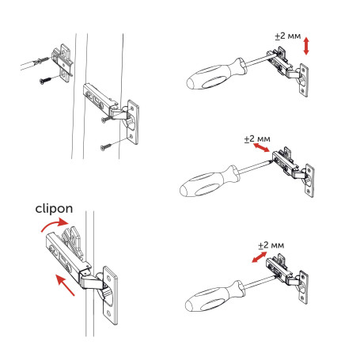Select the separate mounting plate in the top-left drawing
[61, 59]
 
